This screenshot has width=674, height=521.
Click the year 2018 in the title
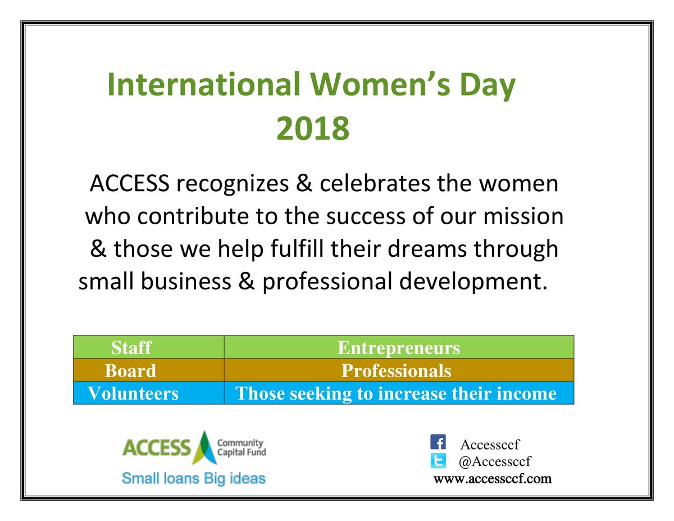(x=312, y=129)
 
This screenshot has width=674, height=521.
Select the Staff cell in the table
(x=131, y=348)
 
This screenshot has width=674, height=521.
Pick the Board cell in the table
(x=130, y=371)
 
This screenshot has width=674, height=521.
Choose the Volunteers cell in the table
(x=133, y=393)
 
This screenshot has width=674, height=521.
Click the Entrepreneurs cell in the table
(x=398, y=348)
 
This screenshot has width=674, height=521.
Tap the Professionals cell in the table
(x=396, y=371)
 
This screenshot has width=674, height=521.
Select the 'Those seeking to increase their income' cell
(x=396, y=393)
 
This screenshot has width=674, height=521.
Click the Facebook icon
(x=438, y=442)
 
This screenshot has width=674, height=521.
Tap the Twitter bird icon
(x=438, y=460)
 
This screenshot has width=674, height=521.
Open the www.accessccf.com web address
(x=493, y=479)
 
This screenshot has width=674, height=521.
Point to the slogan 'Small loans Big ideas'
(x=194, y=479)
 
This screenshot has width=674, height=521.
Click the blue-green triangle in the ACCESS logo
(x=203, y=447)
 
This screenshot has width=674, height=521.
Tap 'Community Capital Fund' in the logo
(x=241, y=447)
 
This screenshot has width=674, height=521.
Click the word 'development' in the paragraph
(x=470, y=281)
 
